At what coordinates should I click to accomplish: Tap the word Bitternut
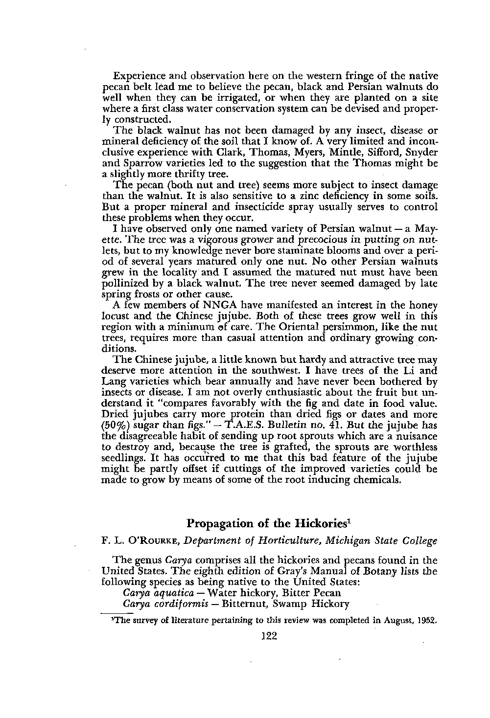[241, 603]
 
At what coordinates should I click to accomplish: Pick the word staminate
[321, 243]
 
